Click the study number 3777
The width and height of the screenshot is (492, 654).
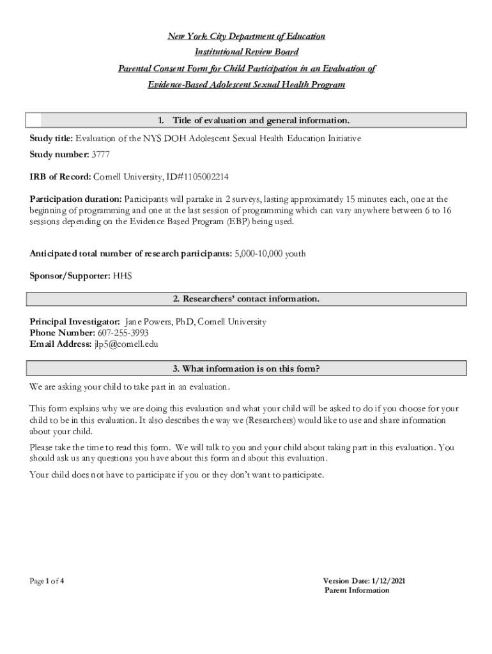101,154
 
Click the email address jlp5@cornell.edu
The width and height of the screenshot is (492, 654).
126,344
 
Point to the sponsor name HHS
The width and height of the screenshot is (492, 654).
122,277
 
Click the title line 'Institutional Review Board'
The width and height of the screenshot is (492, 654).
246,52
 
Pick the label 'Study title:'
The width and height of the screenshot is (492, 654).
52,138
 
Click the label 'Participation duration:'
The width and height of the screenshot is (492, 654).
75,199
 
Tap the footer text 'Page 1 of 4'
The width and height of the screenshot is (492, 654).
47,581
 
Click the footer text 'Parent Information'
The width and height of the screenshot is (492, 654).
357,590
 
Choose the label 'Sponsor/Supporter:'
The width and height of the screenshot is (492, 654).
70,277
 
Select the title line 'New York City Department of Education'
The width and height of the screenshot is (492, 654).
246,36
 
